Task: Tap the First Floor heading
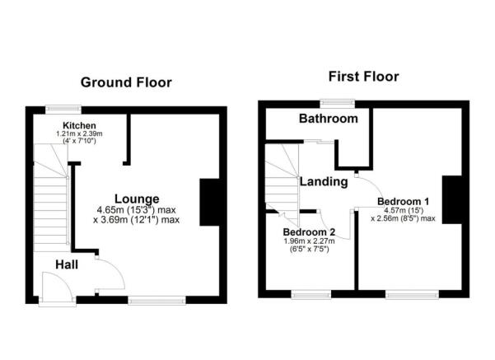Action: click(x=363, y=77)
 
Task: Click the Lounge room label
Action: click(x=136, y=199)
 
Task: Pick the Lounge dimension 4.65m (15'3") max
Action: click(x=137, y=210)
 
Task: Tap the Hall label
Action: click(x=68, y=264)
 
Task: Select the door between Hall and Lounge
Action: click(x=105, y=274)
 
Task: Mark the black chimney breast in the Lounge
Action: click(x=209, y=201)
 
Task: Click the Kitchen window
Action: click(x=63, y=106)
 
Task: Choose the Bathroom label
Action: click(x=329, y=119)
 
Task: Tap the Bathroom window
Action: click(x=338, y=102)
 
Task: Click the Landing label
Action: click(x=322, y=181)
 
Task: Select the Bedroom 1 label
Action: click(x=404, y=200)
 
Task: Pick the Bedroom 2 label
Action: click(x=308, y=232)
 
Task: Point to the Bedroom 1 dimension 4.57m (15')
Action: click(x=403, y=210)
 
